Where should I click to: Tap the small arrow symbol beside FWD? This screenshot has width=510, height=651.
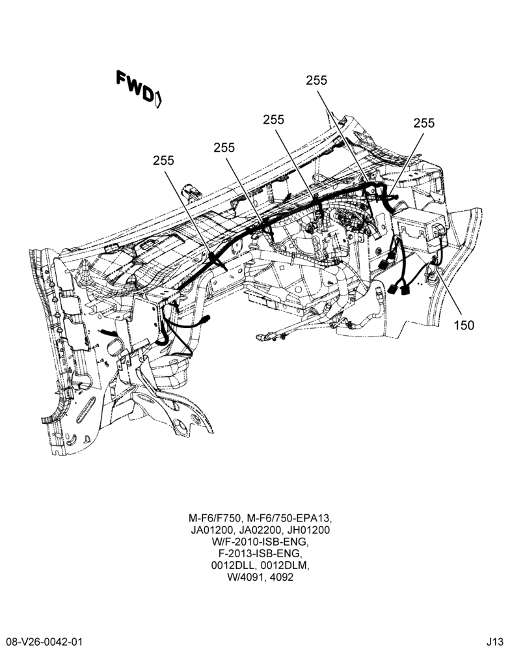(158, 100)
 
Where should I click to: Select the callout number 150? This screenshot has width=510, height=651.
(464, 325)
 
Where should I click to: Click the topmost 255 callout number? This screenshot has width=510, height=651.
(317, 80)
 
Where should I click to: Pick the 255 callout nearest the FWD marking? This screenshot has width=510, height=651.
(163, 160)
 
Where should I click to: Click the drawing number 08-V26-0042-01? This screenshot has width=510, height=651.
(42, 643)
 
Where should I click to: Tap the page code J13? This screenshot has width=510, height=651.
(496, 643)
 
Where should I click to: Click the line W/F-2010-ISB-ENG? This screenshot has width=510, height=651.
(260, 542)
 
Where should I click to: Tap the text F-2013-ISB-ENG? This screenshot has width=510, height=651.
(260, 553)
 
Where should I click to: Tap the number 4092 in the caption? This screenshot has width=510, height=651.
(282, 577)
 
